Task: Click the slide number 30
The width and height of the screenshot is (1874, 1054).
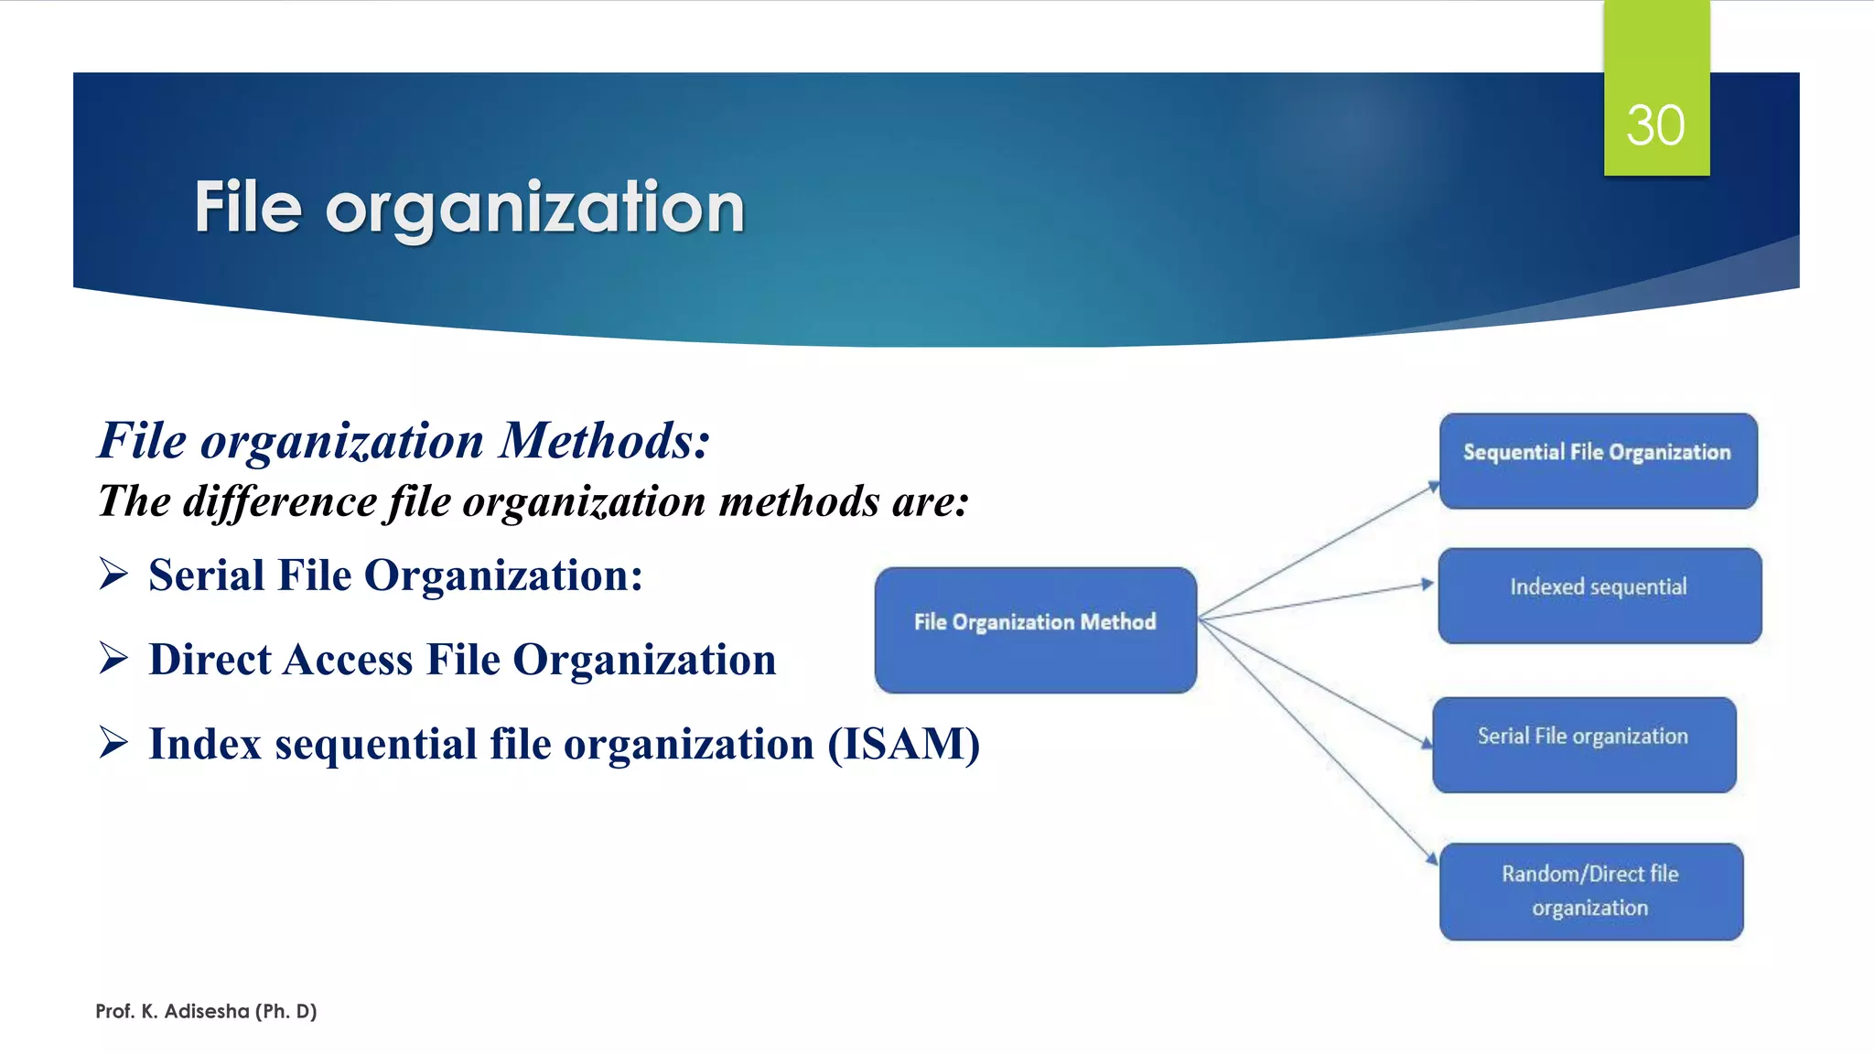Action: click(x=1655, y=125)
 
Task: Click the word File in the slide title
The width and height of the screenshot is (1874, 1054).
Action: click(x=248, y=208)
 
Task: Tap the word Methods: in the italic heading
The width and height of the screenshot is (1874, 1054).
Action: click(x=604, y=440)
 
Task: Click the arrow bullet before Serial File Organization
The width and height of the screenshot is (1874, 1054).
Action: click(x=113, y=575)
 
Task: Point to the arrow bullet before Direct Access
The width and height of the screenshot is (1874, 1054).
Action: click(x=113, y=658)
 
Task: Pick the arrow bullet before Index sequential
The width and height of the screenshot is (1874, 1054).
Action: click(x=113, y=742)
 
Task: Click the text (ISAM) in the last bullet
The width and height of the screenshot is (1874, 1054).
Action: click(x=903, y=744)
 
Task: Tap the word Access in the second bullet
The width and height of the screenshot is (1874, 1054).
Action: click(x=348, y=660)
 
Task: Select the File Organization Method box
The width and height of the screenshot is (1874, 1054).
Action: click(x=1035, y=629)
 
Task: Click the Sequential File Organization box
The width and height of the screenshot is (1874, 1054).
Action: click(x=1598, y=461)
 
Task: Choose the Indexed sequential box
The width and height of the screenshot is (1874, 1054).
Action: click(x=1599, y=596)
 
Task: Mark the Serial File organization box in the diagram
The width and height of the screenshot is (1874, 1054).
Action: click(x=1583, y=745)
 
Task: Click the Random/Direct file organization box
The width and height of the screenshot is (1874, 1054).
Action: click(x=1590, y=891)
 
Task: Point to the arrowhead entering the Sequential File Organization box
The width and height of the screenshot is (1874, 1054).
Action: click(x=1434, y=488)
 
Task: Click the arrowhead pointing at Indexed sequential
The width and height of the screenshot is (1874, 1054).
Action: click(x=1427, y=584)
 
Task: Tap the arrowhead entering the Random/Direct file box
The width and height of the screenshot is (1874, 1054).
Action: click(x=1432, y=859)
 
